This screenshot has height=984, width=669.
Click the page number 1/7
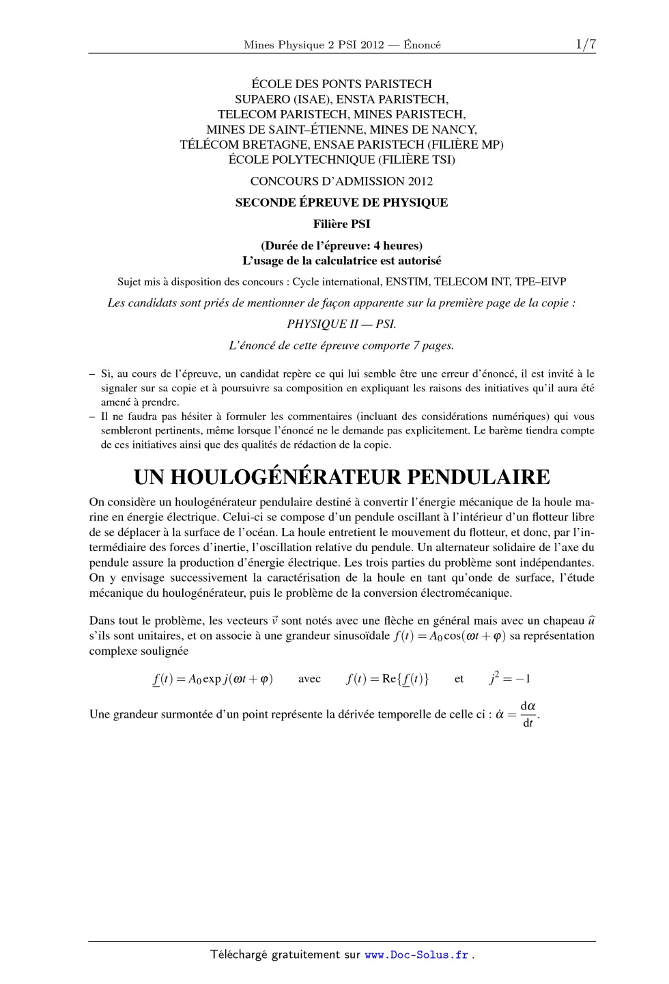585,44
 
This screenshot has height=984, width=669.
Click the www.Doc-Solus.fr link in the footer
416,955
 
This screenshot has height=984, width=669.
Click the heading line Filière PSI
341,224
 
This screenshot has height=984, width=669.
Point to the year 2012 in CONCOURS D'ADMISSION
420,182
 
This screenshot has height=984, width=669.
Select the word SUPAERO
259,99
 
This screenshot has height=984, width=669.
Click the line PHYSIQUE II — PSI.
341,324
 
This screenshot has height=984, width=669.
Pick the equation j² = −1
510,679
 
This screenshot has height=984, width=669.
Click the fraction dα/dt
528,714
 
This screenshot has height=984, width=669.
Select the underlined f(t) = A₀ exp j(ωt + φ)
213,679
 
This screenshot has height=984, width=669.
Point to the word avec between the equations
309,679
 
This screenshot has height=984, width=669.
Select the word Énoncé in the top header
422,45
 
